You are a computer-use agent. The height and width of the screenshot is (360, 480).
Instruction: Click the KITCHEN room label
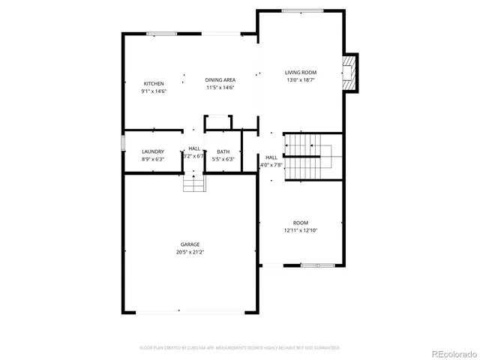[x=154, y=83]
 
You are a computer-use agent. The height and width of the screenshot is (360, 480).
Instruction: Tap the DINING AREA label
[x=220, y=79]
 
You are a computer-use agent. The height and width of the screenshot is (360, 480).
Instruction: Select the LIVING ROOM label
[x=301, y=72]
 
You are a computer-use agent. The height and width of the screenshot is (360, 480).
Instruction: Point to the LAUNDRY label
[x=153, y=151]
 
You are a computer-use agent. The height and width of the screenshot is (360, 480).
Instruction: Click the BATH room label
[x=223, y=151]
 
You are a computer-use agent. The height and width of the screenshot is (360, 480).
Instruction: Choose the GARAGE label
[x=189, y=244]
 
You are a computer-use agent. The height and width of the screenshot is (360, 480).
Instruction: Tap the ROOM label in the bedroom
[x=301, y=223]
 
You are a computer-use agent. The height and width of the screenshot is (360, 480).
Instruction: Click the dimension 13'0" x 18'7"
[x=301, y=79]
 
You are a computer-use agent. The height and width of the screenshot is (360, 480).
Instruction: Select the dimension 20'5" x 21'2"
[x=189, y=252]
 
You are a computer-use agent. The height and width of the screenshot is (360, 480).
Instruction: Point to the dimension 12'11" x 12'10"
[x=301, y=230]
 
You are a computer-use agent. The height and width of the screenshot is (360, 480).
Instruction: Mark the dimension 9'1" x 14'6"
[x=154, y=91]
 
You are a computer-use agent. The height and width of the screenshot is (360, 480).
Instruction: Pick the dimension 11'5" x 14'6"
[x=220, y=87]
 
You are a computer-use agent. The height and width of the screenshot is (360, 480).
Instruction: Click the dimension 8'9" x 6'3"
[x=153, y=159]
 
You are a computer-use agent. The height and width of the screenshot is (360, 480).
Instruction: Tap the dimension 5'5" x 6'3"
[x=223, y=159]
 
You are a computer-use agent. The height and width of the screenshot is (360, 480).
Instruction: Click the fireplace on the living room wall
[x=350, y=72]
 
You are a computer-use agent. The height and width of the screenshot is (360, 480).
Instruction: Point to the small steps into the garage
[x=194, y=182]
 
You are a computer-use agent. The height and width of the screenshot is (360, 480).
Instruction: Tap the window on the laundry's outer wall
[x=123, y=143]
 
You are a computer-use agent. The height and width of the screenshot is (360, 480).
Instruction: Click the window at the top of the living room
[x=303, y=10]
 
